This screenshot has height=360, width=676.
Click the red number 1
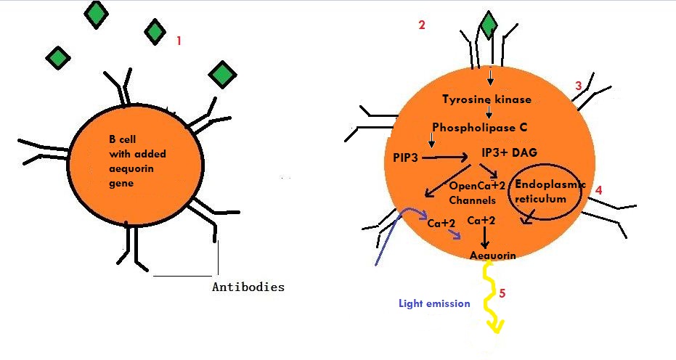tap(179, 41)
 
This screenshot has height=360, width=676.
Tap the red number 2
tap(422, 25)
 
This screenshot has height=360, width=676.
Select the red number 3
tap(579, 86)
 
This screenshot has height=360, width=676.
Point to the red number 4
tap(598, 190)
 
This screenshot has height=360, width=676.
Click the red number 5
tap(502, 294)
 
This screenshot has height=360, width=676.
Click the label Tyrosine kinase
tap(486, 99)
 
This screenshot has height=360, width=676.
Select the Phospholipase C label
tap(480, 128)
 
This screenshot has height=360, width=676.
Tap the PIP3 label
tap(406, 157)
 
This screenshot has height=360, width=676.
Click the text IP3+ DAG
tap(509, 152)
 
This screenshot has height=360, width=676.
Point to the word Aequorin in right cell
tap(493, 255)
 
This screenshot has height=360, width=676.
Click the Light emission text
tap(434, 303)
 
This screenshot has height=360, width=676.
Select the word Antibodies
tap(248, 287)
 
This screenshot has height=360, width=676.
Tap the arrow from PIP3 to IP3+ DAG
tap(445, 157)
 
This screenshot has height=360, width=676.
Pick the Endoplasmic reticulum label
tap(550, 192)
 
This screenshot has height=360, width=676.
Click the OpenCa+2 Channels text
tap(476, 193)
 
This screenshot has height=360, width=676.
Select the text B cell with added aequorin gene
tap(137, 161)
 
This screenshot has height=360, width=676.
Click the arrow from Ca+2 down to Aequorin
tap(486, 237)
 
